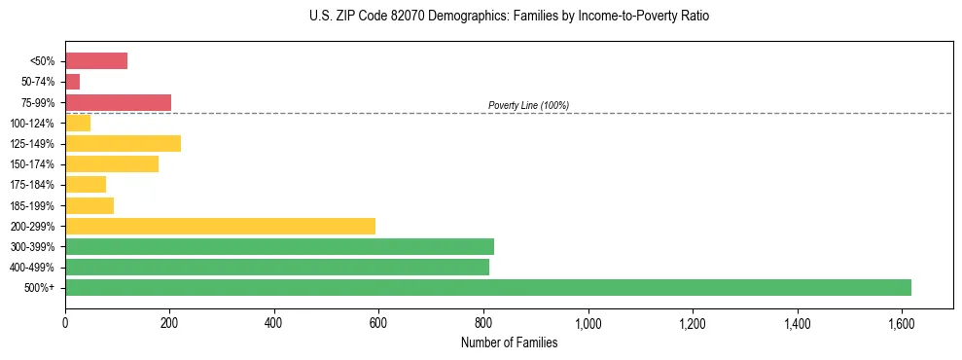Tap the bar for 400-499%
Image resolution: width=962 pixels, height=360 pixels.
click(x=277, y=267)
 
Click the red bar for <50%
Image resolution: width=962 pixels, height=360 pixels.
click(x=96, y=61)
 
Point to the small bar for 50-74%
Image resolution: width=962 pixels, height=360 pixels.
click(x=73, y=82)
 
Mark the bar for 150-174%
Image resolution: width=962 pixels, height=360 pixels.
click(x=112, y=164)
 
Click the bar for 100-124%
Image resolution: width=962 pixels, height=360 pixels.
click(x=78, y=123)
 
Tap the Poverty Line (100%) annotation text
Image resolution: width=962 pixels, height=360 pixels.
click(x=528, y=105)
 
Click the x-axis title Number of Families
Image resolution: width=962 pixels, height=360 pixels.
click(x=509, y=342)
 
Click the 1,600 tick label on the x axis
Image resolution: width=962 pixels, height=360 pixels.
click(x=902, y=322)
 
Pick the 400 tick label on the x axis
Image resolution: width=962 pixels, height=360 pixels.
click(x=274, y=322)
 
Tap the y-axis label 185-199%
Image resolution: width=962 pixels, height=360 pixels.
click(x=32, y=205)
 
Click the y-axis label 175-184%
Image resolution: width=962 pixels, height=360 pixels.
click(x=32, y=185)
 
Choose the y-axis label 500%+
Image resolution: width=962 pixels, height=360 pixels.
click(x=40, y=288)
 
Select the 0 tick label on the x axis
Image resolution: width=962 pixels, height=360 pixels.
click(x=65, y=322)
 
